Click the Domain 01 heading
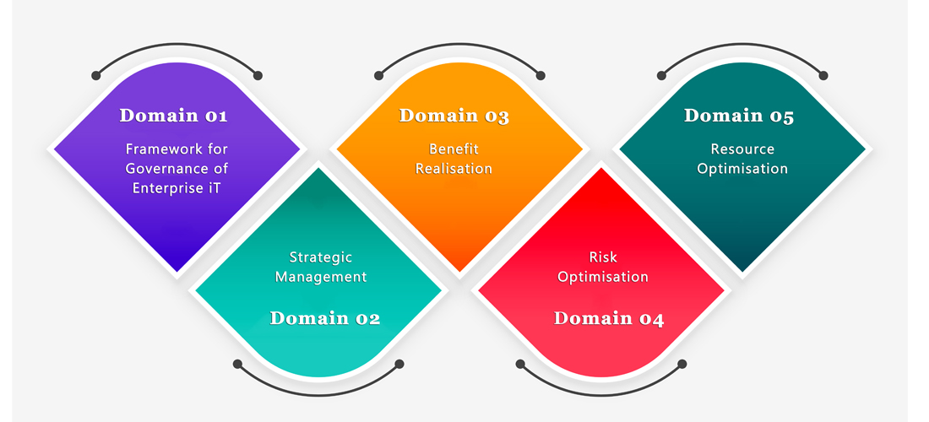pyautogui.click(x=173, y=115)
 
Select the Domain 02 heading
pyautogui.click(x=324, y=318)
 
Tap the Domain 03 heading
pyautogui.click(x=454, y=116)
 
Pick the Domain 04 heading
pyautogui.click(x=608, y=318)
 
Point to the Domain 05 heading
pyautogui.click(x=739, y=116)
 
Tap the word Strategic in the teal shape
pyautogui.click(x=321, y=257)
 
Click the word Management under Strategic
pyautogui.click(x=321, y=276)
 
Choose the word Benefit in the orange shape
pyautogui.click(x=454, y=149)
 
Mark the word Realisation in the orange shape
pyautogui.click(x=454, y=169)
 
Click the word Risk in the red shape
pyautogui.click(x=603, y=257)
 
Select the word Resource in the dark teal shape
pyautogui.click(x=742, y=149)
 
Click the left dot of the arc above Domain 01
pyautogui.click(x=96, y=75)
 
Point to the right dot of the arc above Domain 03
pyautogui.click(x=541, y=75)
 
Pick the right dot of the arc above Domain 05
pyautogui.click(x=823, y=75)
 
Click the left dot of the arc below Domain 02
pyautogui.click(x=237, y=364)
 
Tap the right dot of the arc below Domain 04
pyautogui.click(x=682, y=364)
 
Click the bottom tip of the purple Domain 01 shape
pyautogui.click(x=177, y=273)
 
